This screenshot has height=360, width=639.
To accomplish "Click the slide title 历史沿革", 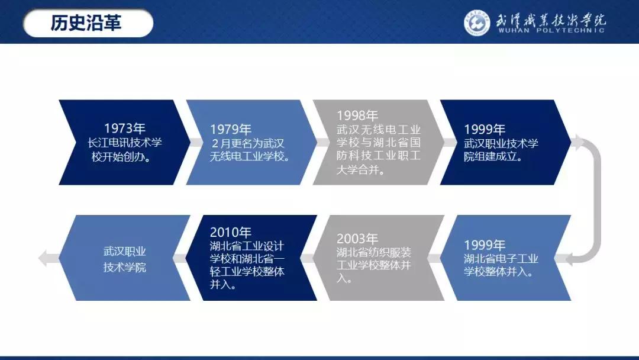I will tap(86, 23).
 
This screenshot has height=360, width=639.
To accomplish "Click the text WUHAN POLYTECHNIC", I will tap(551, 30).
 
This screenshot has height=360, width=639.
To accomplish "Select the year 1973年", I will tap(124, 128).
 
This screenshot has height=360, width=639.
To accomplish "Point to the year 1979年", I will tap(231, 129).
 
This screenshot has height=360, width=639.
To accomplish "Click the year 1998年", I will tap(357, 115).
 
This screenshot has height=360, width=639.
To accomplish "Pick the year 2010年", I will tap(231, 232).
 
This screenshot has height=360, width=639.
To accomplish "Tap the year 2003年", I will tap(357, 239).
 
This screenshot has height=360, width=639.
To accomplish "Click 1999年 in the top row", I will tap(485, 129).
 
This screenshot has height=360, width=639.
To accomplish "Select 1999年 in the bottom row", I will tap(485, 245).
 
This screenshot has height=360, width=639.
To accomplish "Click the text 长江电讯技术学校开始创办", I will tap(124, 150).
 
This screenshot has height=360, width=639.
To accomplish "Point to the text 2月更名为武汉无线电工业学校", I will tap(248, 150).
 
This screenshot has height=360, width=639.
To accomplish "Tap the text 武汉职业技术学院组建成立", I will tap(501, 150).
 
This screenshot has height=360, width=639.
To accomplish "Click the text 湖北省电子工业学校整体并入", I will tap(501, 265).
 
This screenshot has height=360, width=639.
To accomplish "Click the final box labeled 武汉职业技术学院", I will tap(124, 259).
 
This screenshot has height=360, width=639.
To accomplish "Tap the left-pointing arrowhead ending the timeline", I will tap(43, 258).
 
